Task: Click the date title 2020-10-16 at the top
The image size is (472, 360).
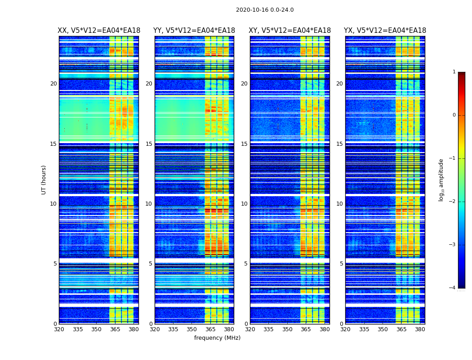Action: click(x=265, y=10)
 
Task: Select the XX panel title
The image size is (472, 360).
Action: click(x=99, y=31)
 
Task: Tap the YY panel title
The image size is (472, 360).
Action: click(x=194, y=31)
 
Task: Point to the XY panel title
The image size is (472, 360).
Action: click(x=289, y=31)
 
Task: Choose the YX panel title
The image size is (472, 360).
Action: click(x=385, y=31)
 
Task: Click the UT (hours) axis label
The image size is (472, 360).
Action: click(x=44, y=180)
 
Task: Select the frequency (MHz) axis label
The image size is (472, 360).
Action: click(x=217, y=338)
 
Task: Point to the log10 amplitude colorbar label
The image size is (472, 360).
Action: click(x=441, y=180)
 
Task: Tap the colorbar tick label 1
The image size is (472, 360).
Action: click(x=454, y=72)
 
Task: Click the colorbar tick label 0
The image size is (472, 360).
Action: click(x=454, y=115)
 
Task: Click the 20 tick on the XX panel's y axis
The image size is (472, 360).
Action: click(x=53, y=84)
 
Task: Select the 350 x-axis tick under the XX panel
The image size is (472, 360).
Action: click(x=96, y=329)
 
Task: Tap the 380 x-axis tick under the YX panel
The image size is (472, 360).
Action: click(x=420, y=329)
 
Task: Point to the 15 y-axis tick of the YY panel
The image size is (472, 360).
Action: click(x=149, y=144)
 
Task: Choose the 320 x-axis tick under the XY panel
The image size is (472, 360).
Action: click(x=250, y=329)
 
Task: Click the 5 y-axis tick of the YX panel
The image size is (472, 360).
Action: click(x=341, y=264)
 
